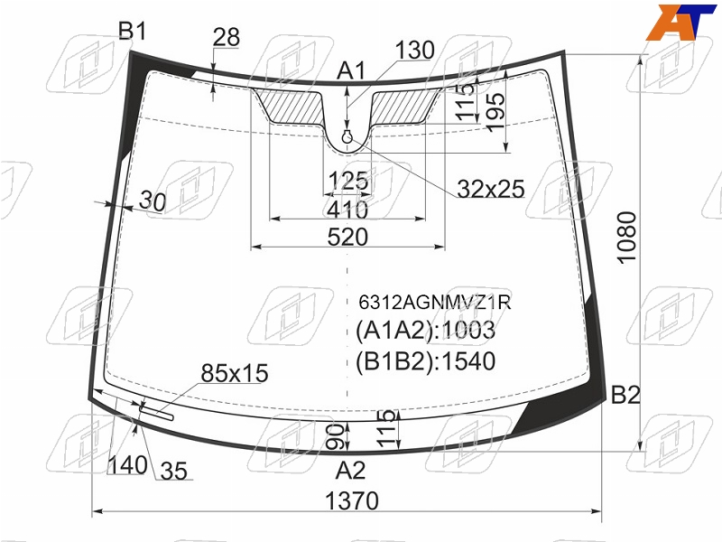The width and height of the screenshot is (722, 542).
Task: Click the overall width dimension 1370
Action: coord(352,500)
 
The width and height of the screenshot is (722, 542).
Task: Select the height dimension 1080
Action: coord(626,238)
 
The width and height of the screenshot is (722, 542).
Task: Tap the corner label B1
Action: coord(132,32)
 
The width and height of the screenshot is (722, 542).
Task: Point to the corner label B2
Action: coord(625,395)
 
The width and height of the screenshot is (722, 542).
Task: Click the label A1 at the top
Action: coord(351,71)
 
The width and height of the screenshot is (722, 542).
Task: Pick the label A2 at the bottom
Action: coord(350,471)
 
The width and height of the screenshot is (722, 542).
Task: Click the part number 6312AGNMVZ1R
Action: coord(435,303)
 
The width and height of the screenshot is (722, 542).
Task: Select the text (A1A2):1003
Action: coord(425,330)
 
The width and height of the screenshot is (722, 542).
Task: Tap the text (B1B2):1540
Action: coord(425,361)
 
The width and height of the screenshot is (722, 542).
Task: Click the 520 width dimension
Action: coord(347,237)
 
